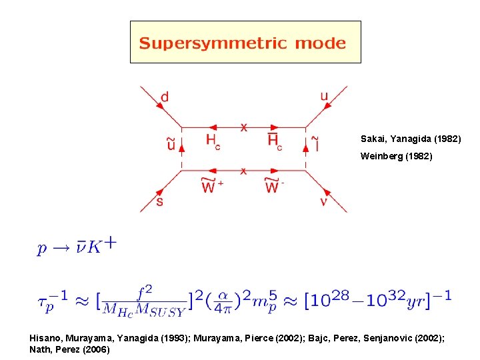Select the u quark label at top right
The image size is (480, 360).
tap(324, 97)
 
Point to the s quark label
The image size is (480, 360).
tap(159, 200)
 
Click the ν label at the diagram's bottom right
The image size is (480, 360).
tap(323, 201)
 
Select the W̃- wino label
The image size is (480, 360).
tap(273, 187)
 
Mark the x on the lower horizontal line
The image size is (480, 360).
tap(243, 171)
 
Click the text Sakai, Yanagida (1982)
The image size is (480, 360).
tap(411, 139)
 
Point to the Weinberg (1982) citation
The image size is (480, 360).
tap(397, 157)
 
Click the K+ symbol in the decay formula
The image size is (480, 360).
tap(101, 247)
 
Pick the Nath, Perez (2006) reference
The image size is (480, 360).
tap(70, 349)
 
